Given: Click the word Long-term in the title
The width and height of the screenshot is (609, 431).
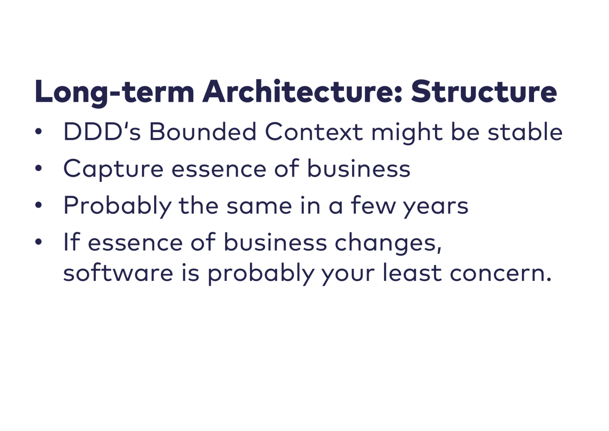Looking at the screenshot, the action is click(115, 93).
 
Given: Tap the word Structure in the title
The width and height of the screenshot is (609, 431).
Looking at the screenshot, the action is click(484, 91).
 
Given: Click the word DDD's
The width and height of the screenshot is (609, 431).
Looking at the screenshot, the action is click(102, 131).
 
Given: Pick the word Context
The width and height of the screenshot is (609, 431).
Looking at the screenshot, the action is click(314, 131).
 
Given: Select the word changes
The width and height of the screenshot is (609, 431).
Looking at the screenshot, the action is click(388, 244).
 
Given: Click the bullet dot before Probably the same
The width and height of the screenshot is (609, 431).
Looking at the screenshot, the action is click(38, 205).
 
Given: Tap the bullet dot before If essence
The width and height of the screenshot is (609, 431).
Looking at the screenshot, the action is click(38, 242).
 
